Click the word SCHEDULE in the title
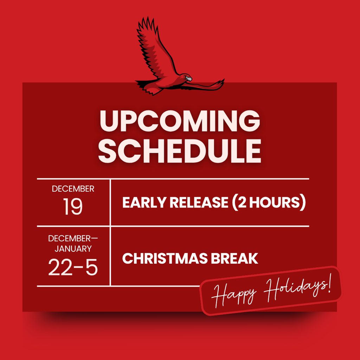[x=180, y=152]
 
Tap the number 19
[x=73, y=207]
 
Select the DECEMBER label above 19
[x=73, y=189]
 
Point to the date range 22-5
[x=73, y=268]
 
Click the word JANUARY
[x=73, y=249]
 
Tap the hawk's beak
[x=189, y=79]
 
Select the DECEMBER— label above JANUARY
[x=73, y=238]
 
